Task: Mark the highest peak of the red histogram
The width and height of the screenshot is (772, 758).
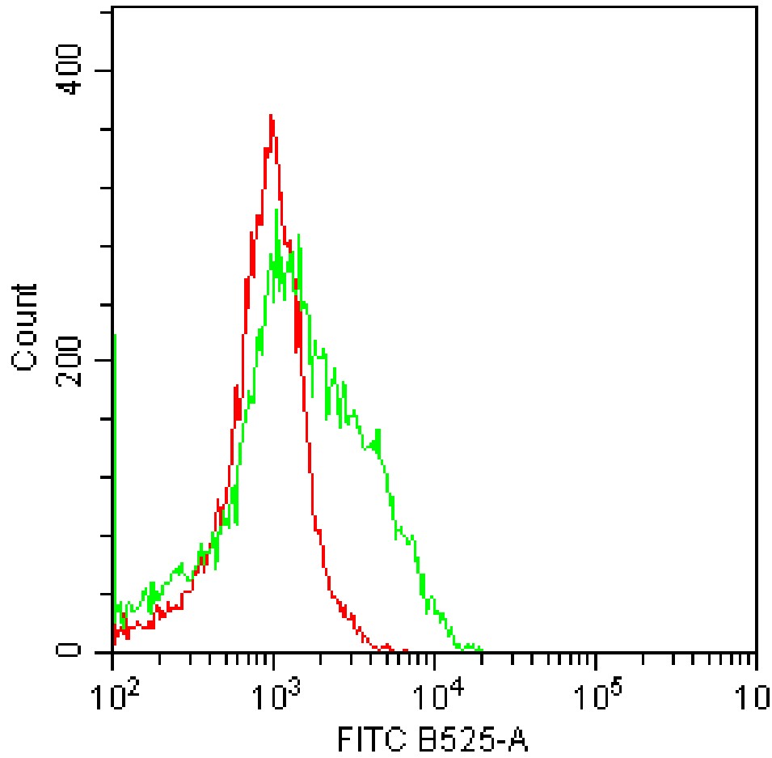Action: (272, 116)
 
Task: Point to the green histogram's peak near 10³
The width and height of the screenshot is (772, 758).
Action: (276, 211)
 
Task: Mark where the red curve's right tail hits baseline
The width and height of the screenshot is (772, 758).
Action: (404, 650)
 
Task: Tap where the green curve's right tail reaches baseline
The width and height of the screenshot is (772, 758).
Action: (482, 650)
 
